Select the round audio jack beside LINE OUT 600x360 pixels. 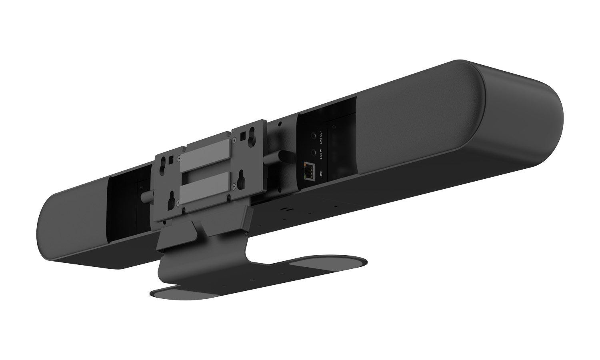click(313, 136)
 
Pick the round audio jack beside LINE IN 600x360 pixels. click(313, 153)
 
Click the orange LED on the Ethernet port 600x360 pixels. click(305, 164)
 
